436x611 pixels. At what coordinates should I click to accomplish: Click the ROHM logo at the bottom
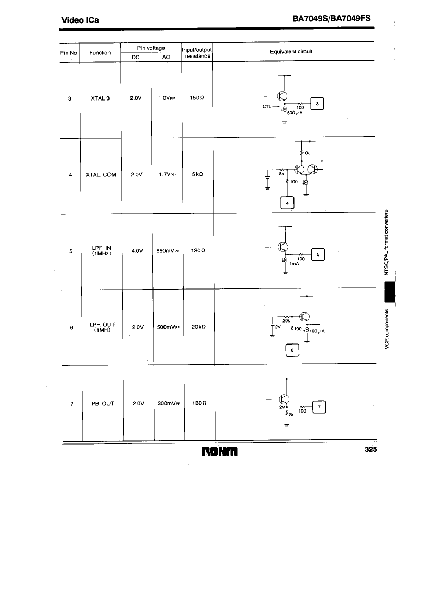coord(220,452)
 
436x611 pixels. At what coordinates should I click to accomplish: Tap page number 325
coord(371,449)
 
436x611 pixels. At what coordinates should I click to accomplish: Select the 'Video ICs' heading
coord(80,20)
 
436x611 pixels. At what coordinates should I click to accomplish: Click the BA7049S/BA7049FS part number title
coord(332,19)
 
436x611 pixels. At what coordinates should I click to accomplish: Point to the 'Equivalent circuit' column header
coord(291,51)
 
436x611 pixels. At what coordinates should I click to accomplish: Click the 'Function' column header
coord(100,53)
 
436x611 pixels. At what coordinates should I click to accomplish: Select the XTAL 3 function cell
coord(100,98)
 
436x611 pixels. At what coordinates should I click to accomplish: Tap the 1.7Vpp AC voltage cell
coord(167,174)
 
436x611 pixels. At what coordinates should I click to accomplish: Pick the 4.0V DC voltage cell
coord(137,251)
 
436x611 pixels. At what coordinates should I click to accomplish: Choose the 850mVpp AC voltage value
coord(168,251)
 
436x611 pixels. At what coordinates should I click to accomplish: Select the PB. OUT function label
coord(103,404)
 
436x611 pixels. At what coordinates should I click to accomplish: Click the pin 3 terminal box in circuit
coord(317,104)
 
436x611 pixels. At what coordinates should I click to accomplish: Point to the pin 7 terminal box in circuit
coord(319,407)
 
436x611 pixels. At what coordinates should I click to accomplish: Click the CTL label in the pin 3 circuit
coord(267,107)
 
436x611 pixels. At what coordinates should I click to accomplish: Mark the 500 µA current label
coord(295,113)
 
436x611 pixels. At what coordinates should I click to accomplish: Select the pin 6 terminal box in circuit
coord(292,350)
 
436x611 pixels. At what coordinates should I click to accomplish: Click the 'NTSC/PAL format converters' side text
coord(386,243)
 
